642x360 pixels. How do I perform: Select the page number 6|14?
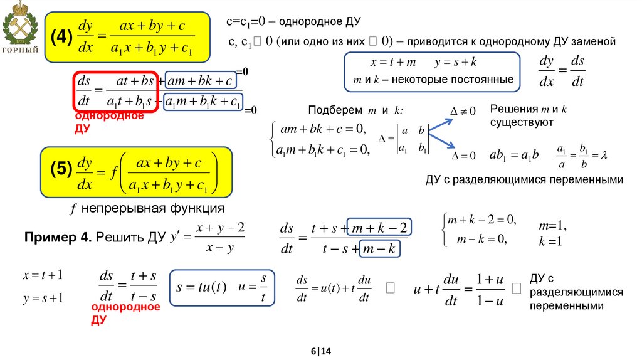(320, 351)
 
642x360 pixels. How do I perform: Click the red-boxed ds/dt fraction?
(84, 91)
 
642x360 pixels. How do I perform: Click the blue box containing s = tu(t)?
(224, 287)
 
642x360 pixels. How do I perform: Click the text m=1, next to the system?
(552, 225)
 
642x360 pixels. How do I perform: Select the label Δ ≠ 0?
(463, 111)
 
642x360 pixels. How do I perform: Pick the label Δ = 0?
(465, 156)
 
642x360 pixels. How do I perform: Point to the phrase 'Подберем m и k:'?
(355, 110)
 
